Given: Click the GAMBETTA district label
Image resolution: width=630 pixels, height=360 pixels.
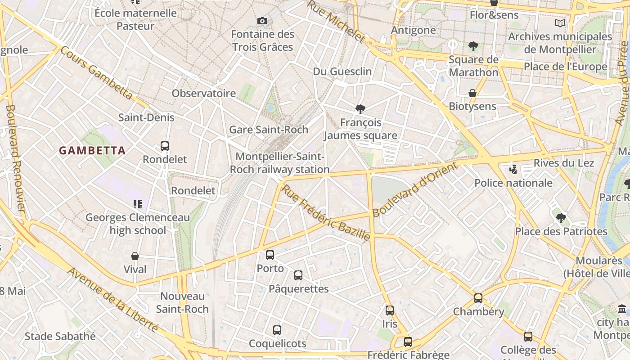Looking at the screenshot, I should (92, 151).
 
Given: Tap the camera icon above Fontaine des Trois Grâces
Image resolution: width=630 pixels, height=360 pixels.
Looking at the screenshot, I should (262, 21).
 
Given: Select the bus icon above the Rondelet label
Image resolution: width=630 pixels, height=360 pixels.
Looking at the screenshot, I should (165, 146).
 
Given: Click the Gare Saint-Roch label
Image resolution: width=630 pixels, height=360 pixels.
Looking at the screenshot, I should (269, 130).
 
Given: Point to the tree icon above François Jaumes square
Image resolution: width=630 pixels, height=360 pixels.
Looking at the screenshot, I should (360, 109).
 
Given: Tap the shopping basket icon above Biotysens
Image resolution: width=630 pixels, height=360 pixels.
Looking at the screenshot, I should (472, 93).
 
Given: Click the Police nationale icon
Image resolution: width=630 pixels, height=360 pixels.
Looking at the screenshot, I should (513, 170).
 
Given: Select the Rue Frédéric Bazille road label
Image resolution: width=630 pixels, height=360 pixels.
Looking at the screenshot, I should (326, 212).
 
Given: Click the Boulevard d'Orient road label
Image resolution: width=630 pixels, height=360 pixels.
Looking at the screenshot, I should (414, 189).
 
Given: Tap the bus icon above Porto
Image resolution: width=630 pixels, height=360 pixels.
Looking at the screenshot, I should (270, 255).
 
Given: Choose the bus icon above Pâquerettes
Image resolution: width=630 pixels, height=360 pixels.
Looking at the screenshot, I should (298, 275).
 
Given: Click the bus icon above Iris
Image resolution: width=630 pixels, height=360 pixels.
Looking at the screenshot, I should (390, 310).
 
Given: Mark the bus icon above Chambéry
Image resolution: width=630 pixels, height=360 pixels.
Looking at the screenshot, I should (478, 298).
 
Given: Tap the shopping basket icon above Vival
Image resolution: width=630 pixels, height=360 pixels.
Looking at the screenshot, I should (135, 256).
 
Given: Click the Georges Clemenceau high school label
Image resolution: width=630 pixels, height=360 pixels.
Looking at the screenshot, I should (138, 224).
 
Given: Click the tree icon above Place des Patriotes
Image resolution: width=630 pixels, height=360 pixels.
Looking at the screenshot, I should (561, 218).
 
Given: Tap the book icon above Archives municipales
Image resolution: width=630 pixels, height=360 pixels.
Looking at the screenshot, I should (560, 23).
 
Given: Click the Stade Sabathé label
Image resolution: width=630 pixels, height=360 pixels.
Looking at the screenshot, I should (60, 336).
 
